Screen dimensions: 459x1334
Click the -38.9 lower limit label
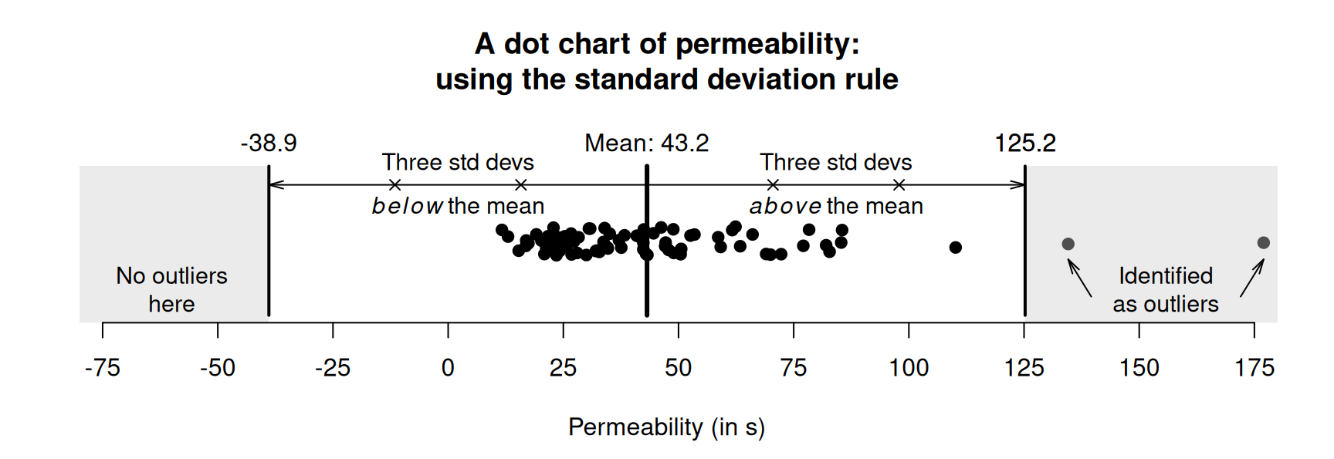(x=269, y=143)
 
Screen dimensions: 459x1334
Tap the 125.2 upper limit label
(x=1024, y=143)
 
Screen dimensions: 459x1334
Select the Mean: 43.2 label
(x=646, y=143)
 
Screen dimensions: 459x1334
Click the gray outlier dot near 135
(x=1068, y=244)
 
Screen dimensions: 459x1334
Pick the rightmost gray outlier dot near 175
(x=1263, y=243)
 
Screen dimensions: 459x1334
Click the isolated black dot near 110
(x=955, y=247)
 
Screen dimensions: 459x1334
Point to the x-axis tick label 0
(x=448, y=368)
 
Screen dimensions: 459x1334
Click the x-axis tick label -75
(x=103, y=368)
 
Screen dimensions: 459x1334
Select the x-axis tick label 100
(x=909, y=368)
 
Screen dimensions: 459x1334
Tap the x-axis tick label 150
(x=1139, y=368)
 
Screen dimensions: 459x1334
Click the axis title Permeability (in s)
(x=666, y=427)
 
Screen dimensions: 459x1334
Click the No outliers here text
(x=171, y=289)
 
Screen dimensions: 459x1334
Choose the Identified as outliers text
(x=1165, y=289)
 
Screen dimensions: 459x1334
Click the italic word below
(x=407, y=207)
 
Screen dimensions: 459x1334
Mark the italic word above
(x=784, y=207)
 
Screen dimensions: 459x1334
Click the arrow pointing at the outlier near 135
(x=1079, y=278)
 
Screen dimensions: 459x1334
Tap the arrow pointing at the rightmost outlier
(x=1252, y=278)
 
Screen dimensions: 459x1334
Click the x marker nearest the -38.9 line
(x=394, y=185)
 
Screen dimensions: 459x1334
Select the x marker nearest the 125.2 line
(x=899, y=185)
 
